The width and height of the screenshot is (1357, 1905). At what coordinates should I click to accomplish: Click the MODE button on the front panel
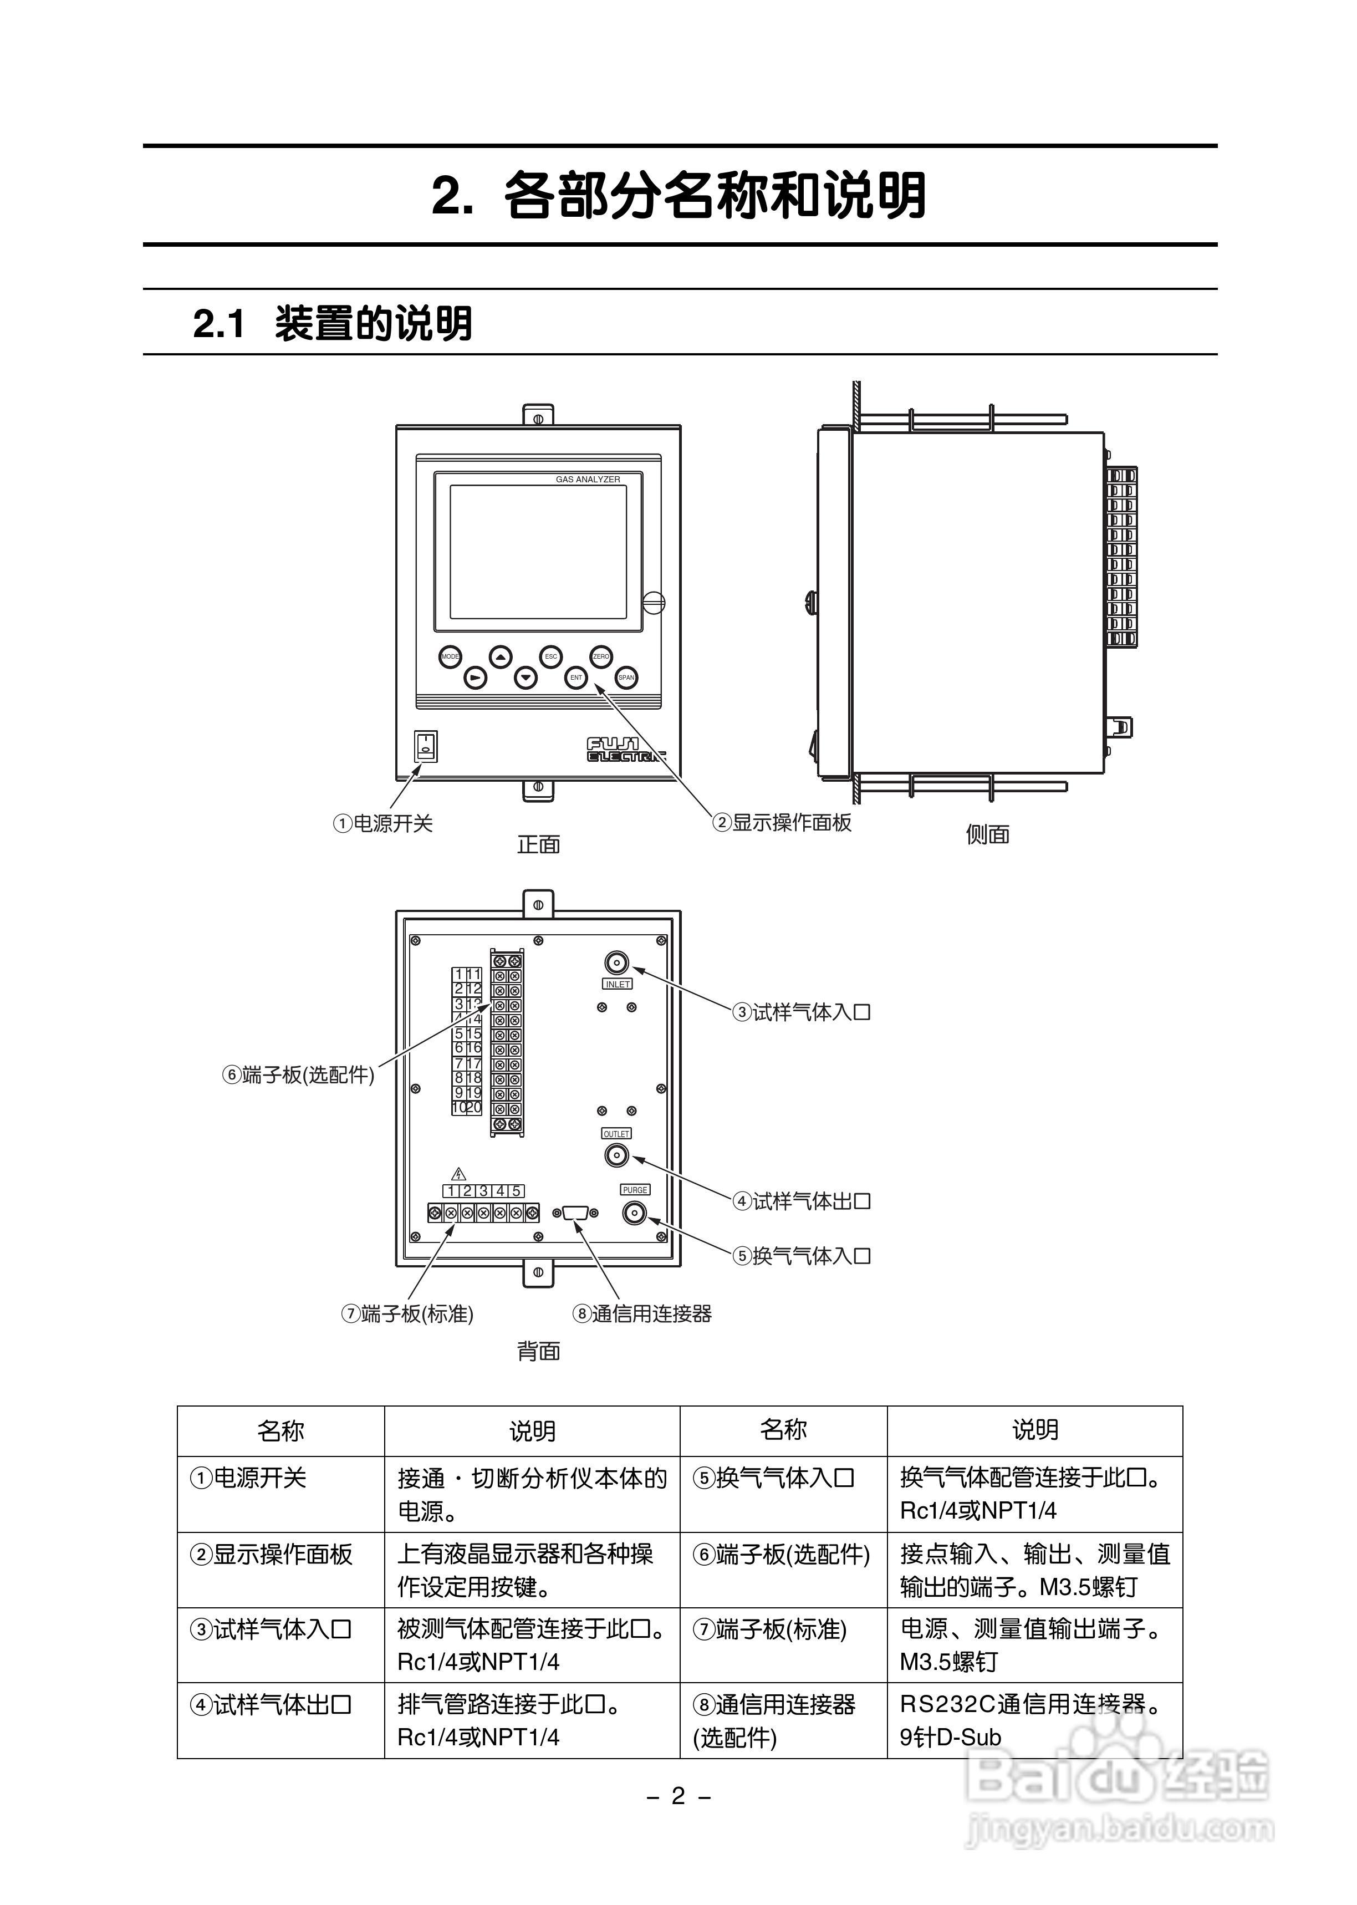[x=450, y=657]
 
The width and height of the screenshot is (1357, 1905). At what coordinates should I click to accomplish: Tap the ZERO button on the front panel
[x=601, y=657]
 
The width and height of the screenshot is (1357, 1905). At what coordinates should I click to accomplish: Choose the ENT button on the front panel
[x=576, y=677]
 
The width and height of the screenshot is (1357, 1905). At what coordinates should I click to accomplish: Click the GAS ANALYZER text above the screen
[x=588, y=480]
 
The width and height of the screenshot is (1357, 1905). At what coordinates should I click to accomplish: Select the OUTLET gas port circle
[x=616, y=1155]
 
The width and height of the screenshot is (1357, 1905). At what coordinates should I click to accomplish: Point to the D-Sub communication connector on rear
[x=576, y=1213]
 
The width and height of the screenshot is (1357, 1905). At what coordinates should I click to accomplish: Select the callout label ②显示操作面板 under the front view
[x=782, y=823]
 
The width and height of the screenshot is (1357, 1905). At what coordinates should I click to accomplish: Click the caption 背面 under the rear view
[x=538, y=1351]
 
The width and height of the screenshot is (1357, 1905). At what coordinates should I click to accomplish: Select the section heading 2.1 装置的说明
[x=333, y=323]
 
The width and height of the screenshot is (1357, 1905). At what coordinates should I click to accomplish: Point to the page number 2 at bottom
[x=678, y=1796]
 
